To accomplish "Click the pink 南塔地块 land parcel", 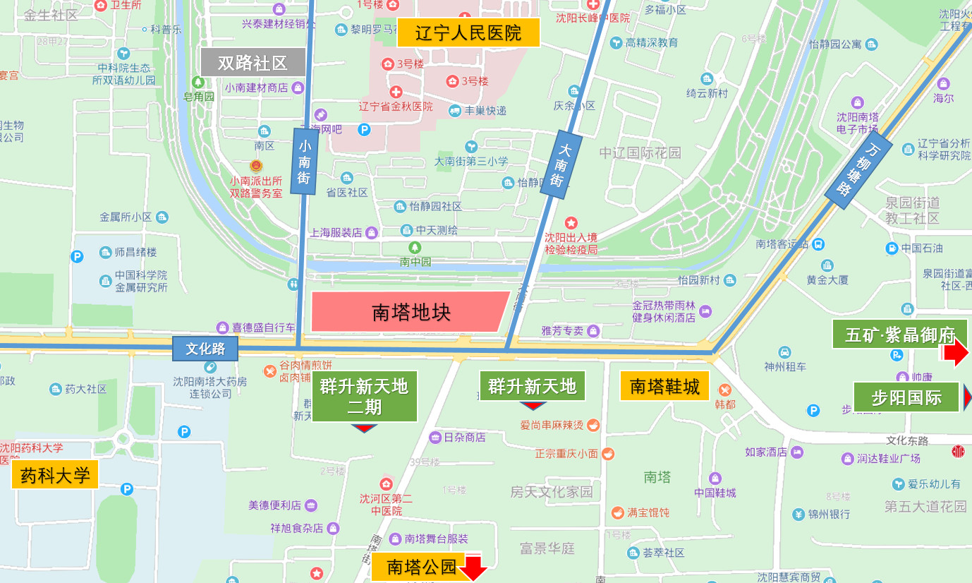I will [x=409, y=311].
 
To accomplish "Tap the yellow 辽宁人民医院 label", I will [x=468, y=32].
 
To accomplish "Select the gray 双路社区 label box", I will [x=253, y=62].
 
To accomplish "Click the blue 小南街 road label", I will [x=305, y=161].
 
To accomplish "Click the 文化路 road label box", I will [x=205, y=348].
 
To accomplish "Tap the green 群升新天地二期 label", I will [x=364, y=396].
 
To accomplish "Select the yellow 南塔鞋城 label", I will [x=664, y=386].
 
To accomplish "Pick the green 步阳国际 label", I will [x=906, y=397].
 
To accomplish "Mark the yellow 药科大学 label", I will [x=55, y=475].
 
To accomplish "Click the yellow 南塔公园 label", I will [x=422, y=567].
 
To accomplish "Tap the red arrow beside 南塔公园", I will [x=474, y=567].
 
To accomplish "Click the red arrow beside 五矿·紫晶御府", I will [x=956, y=352].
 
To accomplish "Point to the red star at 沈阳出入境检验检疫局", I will [x=571, y=223].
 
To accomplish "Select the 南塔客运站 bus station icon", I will [x=818, y=244].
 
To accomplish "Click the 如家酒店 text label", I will [x=765, y=452].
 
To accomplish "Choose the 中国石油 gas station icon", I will [x=892, y=248].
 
